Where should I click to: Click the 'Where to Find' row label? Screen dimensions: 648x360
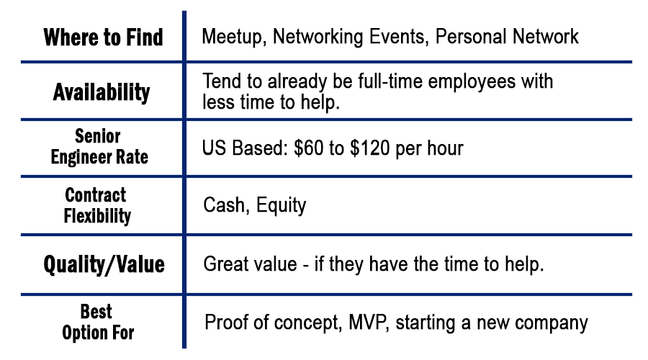point(103,37)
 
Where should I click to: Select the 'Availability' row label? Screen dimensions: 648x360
point(102,91)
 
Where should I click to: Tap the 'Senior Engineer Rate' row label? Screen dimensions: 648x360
point(99,146)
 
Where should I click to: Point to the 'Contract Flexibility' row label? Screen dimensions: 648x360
point(97,205)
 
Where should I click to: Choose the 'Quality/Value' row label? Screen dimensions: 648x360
point(104,264)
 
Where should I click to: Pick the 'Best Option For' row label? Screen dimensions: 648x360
point(98,322)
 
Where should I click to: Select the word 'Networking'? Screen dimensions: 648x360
point(318,37)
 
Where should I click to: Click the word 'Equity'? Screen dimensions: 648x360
point(281,206)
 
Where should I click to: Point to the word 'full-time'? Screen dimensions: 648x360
point(390,81)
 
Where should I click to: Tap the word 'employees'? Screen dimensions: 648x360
point(472,82)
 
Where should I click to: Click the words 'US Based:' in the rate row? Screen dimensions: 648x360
point(245,148)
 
